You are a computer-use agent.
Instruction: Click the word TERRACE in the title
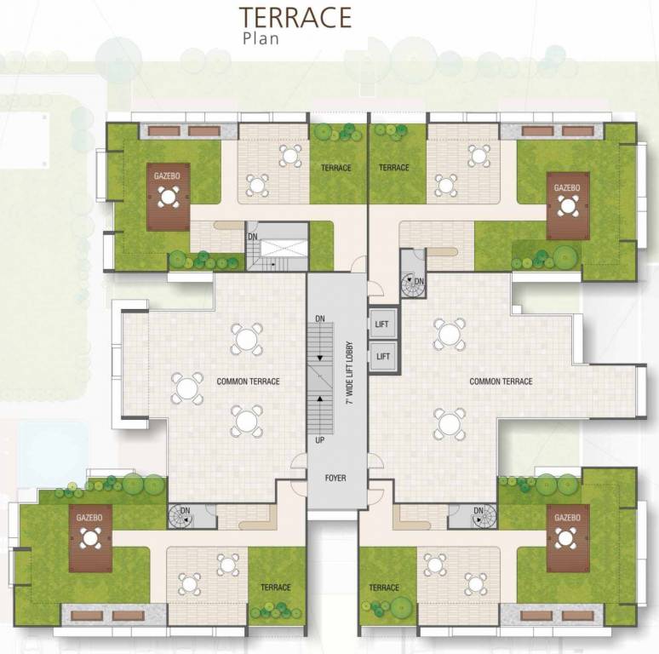(295, 17)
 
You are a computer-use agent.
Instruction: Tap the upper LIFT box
(383, 324)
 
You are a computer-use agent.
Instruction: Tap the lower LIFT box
(383, 357)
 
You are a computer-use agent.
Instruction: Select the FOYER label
(335, 478)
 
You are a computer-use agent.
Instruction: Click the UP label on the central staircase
(319, 441)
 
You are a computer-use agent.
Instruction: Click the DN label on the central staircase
(319, 318)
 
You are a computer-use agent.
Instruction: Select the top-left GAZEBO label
(167, 175)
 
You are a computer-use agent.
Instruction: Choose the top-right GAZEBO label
(567, 187)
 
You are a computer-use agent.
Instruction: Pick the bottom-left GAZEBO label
(89, 517)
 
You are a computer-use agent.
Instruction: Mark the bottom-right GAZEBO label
(567, 517)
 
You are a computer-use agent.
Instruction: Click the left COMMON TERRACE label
(248, 381)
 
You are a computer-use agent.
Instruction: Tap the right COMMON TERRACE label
(501, 381)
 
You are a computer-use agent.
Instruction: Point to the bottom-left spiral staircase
(181, 514)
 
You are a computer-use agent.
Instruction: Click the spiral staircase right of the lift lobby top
(413, 284)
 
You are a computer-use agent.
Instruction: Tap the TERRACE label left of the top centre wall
(336, 168)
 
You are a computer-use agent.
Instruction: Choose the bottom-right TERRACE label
(385, 588)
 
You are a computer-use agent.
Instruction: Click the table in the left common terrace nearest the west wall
(186, 387)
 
